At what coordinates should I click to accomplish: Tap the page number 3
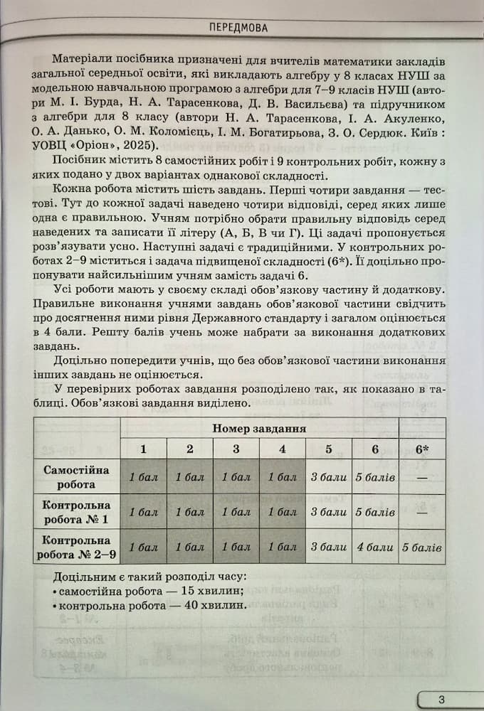tap(441, 699)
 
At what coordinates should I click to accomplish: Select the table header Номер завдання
tap(259, 428)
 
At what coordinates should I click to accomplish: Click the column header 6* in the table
tap(422, 449)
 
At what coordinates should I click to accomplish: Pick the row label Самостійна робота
tap(76, 477)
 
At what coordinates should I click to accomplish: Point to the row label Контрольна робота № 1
tap(76, 512)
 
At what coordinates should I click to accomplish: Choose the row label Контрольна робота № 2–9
tap(76, 547)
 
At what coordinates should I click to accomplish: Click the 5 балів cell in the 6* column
tap(422, 547)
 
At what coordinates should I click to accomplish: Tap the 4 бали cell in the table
tap(375, 547)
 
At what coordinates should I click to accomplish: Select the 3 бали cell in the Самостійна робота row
tap(329, 477)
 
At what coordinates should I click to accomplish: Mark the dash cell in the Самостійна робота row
tap(422, 477)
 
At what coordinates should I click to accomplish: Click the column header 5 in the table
tap(329, 449)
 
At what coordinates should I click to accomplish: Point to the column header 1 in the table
tap(143, 449)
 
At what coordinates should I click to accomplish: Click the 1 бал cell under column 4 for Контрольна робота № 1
tap(283, 512)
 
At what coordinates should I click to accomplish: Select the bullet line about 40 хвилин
tap(149, 606)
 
